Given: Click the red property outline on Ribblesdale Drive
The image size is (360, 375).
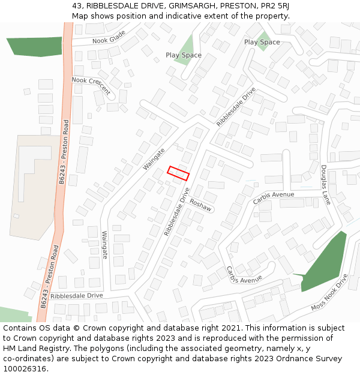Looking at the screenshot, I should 178,173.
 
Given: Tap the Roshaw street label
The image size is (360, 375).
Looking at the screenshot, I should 201,205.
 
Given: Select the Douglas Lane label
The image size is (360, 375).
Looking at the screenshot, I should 325,185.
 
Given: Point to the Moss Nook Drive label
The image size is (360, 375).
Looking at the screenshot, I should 329,293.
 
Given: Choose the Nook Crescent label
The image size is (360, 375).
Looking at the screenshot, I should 91,86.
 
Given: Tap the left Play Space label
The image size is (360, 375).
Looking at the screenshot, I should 184,55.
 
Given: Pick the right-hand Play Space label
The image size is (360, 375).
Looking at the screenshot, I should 262,42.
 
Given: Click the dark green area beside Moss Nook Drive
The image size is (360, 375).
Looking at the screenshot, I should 324,264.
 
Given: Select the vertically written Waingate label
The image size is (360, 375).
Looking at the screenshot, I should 105,245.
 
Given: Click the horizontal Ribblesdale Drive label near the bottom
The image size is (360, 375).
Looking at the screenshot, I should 77,296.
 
